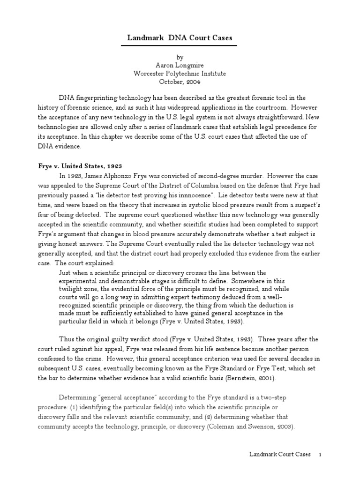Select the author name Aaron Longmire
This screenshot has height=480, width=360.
(x=180, y=65)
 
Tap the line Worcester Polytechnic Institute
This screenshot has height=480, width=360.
(x=180, y=74)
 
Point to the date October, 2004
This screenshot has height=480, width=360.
(x=180, y=82)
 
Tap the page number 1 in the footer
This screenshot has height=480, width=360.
(x=320, y=455)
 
